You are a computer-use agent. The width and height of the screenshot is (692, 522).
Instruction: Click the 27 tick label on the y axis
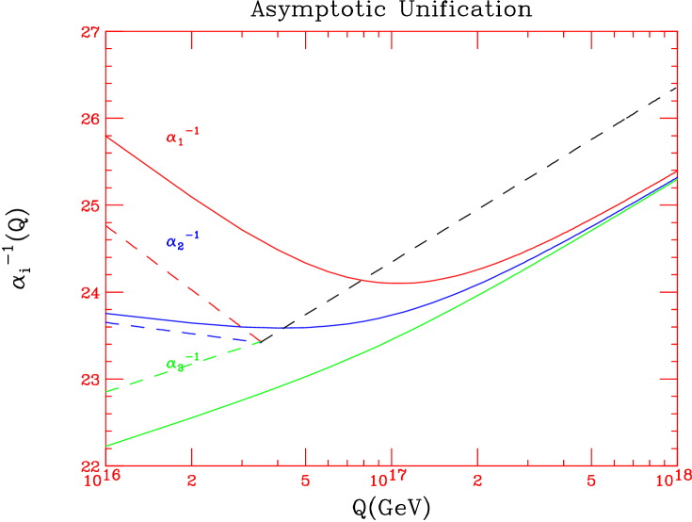click(90, 33)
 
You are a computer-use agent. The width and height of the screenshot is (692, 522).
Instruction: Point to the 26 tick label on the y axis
click(90, 120)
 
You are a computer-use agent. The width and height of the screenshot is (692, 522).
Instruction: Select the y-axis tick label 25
click(90, 206)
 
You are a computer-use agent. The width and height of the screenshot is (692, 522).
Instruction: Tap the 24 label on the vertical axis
click(90, 293)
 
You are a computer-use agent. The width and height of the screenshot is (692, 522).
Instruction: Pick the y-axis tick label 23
click(90, 380)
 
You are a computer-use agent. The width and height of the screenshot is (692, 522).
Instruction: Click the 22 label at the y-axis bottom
click(90, 465)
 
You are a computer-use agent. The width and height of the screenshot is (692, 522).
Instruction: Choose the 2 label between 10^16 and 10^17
click(192, 481)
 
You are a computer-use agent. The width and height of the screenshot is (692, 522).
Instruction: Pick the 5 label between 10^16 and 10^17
click(305, 481)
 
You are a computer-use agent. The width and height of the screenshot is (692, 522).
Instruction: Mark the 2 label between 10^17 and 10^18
click(477, 481)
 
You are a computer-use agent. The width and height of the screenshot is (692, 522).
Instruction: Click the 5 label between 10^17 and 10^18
click(590, 481)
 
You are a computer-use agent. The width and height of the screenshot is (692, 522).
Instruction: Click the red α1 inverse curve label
click(182, 138)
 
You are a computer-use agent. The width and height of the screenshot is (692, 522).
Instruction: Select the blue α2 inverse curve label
click(182, 241)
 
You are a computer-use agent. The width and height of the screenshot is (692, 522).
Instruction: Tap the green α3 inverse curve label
click(182, 363)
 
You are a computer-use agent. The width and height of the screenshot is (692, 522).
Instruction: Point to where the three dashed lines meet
click(261, 342)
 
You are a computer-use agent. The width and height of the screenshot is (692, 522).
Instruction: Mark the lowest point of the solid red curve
click(400, 283)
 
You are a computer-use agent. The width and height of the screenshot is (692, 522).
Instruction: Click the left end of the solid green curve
click(106, 446)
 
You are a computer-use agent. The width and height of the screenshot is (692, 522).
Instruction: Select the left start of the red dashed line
click(106, 225)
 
